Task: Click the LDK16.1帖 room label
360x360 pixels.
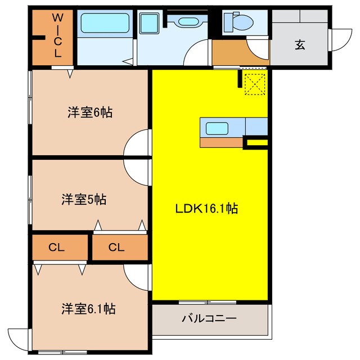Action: (206, 209)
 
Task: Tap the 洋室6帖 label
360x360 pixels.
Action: (90, 112)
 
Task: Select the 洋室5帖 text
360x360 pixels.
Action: (84, 199)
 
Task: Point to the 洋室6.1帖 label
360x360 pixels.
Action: (88, 309)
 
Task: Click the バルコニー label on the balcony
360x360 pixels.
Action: (209, 318)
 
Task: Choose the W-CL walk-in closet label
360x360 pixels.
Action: (57, 36)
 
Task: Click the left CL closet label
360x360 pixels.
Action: (56, 247)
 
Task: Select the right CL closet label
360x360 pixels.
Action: (116, 247)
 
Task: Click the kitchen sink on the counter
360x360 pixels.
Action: (217, 128)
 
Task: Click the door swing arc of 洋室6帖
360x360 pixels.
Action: (138, 143)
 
